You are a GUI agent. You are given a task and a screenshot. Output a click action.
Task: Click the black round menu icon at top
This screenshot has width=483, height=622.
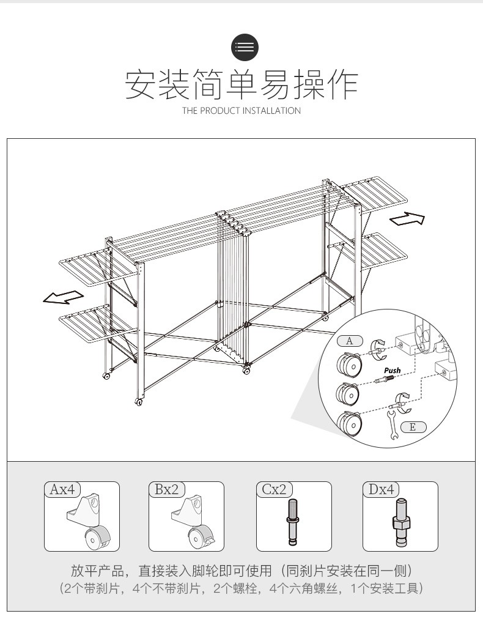245,47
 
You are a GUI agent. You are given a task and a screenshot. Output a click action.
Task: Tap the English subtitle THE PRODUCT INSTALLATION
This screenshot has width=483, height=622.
241,111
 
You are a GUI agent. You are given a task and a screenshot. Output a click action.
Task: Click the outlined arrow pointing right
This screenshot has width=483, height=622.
407,218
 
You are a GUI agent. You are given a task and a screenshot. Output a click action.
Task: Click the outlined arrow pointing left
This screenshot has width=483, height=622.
64,297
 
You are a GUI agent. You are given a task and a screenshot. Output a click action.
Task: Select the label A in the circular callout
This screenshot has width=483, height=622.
349,340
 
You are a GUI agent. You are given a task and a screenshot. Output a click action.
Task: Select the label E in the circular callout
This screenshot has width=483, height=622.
413,427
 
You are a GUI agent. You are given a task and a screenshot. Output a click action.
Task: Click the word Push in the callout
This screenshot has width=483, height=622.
392,370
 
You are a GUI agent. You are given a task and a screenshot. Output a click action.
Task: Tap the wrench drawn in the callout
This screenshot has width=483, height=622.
392,425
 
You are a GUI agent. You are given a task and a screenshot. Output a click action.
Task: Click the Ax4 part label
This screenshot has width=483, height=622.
62,489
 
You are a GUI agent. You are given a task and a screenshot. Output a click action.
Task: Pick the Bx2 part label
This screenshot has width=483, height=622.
166,489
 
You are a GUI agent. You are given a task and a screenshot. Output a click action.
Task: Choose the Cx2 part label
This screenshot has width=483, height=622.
274,489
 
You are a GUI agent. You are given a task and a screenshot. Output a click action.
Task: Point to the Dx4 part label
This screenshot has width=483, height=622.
381,489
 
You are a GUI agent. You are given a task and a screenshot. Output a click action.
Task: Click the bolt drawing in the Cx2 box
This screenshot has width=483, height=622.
293,522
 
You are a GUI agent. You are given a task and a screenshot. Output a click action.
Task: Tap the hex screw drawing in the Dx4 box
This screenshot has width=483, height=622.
400,522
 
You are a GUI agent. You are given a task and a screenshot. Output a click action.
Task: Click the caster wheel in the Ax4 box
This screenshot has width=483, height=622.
97,538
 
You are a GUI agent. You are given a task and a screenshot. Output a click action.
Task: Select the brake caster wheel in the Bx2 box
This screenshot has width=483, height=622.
201,538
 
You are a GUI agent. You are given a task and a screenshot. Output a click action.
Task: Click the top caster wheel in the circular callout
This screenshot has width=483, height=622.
349,363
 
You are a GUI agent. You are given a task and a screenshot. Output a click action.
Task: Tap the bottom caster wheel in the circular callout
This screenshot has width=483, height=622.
349,424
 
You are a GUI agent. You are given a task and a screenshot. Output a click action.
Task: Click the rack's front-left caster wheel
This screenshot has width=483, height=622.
139,402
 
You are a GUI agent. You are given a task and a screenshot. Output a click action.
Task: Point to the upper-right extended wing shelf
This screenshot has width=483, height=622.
375,192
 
